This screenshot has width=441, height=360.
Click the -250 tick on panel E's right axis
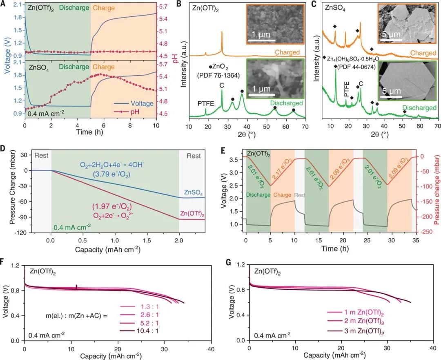click(x=424, y=232)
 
